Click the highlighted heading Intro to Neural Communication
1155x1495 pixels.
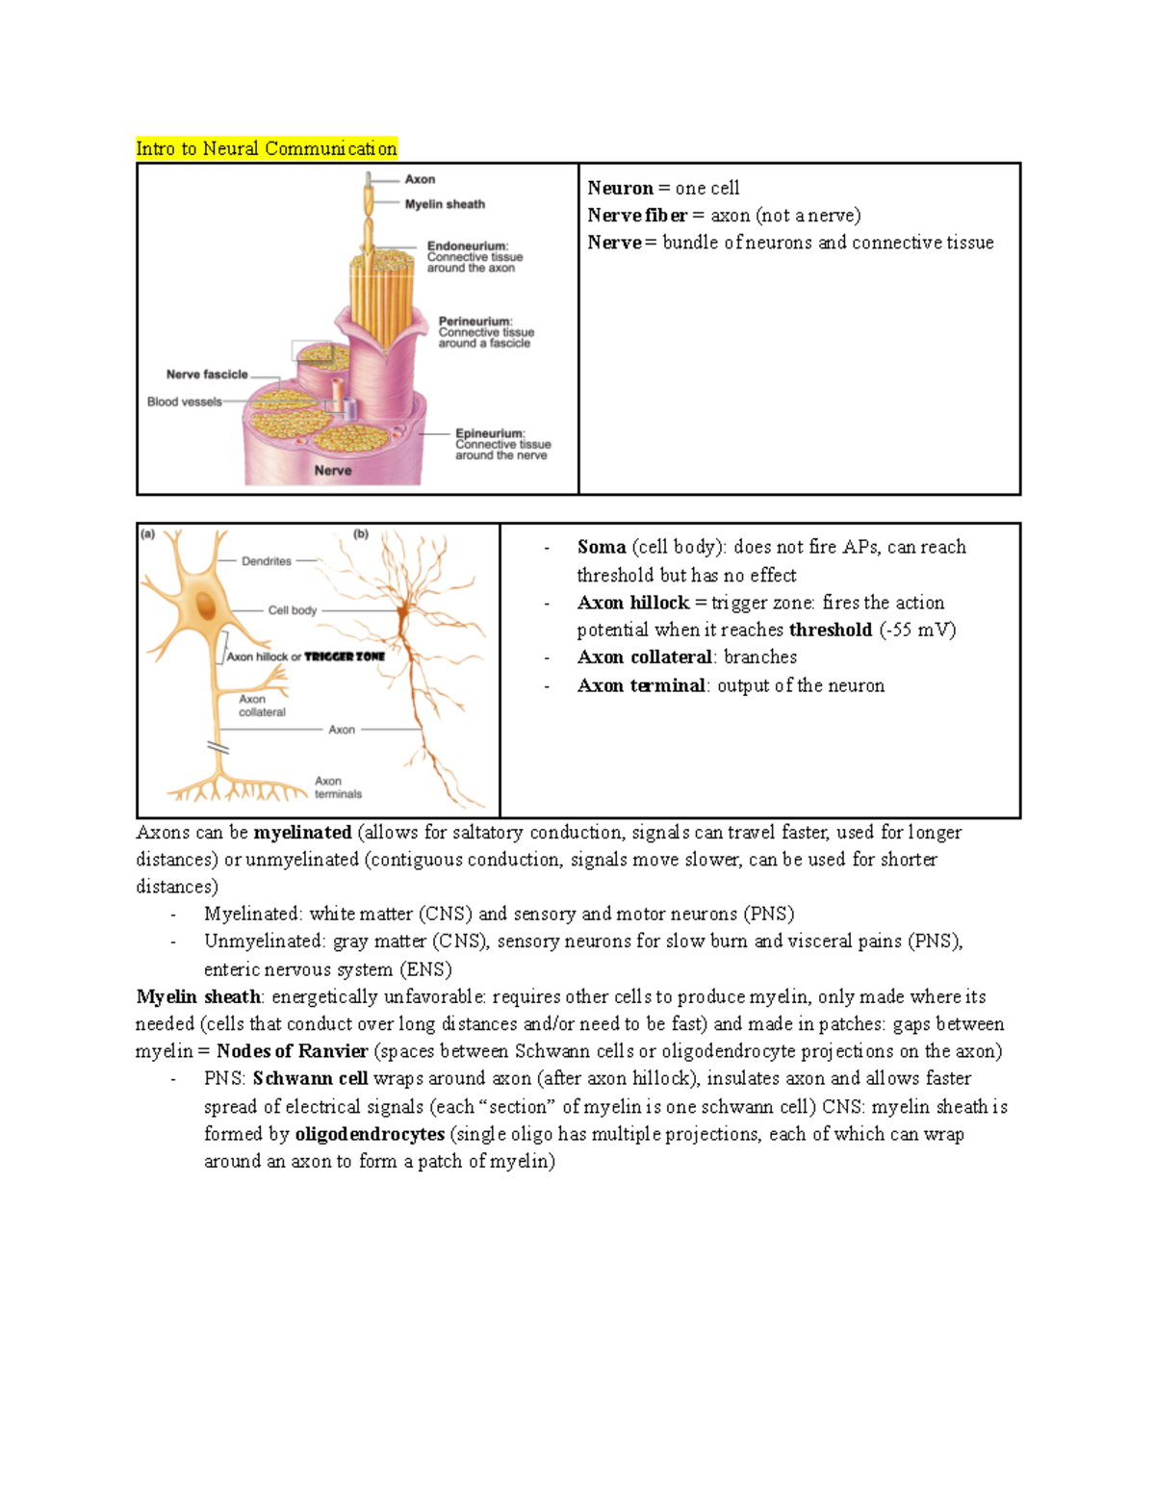pyautogui.click(x=266, y=148)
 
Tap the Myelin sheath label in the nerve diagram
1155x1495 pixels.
pyautogui.click(x=445, y=204)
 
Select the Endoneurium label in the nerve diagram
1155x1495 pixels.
pyautogui.click(x=468, y=246)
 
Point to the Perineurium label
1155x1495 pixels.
pyautogui.click(x=475, y=322)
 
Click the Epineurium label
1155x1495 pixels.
pyautogui.click(x=490, y=433)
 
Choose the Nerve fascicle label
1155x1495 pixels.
pyautogui.click(x=207, y=374)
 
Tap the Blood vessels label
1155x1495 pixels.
pyautogui.click(x=184, y=401)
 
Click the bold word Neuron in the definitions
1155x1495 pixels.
pyautogui.click(x=620, y=188)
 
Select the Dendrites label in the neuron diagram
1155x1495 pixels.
pyautogui.click(x=267, y=561)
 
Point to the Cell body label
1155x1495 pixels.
pyautogui.click(x=292, y=610)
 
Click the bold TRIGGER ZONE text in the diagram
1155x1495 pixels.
pyautogui.click(x=345, y=657)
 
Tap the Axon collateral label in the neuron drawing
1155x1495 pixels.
pyautogui.click(x=262, y=706)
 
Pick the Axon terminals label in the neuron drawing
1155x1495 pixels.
pyautogui.click(x=338, y=787)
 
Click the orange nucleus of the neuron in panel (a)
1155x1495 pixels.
pyautogui.click(x=205, y=606)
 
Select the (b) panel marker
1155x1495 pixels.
pyautogui.click(x=361, y=534)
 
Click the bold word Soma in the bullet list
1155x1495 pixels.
pyautogui.click(x=602, y=547)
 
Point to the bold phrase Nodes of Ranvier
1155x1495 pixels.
pyautogui.click(x=292, y=1051)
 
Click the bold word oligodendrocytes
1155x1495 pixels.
pyautogui.click(x=370, y=1134)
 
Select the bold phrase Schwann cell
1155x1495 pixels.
pyautogui.click(x=310, y=1078)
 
